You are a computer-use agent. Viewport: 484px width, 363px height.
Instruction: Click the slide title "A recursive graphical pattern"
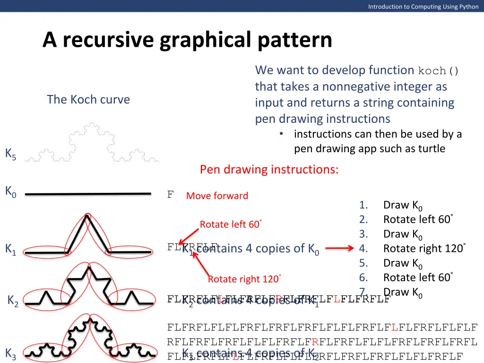point(187,40)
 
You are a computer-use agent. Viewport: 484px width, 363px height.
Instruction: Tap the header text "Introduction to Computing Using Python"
point(423,6)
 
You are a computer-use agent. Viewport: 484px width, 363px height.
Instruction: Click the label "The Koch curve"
point(88,100)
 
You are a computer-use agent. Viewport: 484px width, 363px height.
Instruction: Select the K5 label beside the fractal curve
point(10,154)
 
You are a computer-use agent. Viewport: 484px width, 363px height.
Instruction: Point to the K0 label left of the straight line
point(10,191)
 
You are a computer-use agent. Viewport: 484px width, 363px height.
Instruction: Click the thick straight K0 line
point(88,193)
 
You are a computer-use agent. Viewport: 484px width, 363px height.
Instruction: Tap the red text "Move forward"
point(217,196)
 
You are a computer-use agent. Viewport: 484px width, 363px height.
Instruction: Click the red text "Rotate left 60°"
point(231,225)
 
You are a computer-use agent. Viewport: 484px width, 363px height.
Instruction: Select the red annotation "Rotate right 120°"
point(244,279)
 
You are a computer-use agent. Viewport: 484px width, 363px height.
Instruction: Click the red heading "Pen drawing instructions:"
point(269,169)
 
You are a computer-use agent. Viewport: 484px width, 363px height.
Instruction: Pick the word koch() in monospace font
point(439,71)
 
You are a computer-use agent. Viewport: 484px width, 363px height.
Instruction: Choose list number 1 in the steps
point(363,205)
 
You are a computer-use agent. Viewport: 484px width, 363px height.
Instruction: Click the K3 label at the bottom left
point(10,354)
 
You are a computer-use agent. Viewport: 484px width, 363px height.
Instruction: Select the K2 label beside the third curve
point(13,301)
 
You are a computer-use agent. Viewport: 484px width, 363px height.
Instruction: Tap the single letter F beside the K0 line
point(171,194)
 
